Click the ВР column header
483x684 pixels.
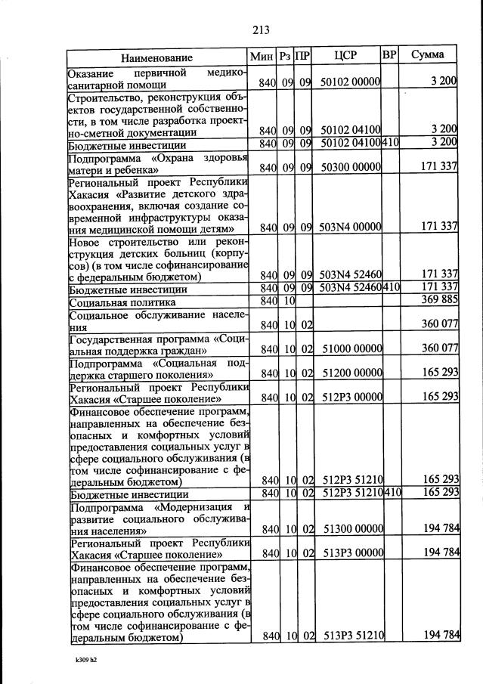pos(389,55)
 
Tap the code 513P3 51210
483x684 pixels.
pos(351,636)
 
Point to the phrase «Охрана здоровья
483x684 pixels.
pos(199,158)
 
